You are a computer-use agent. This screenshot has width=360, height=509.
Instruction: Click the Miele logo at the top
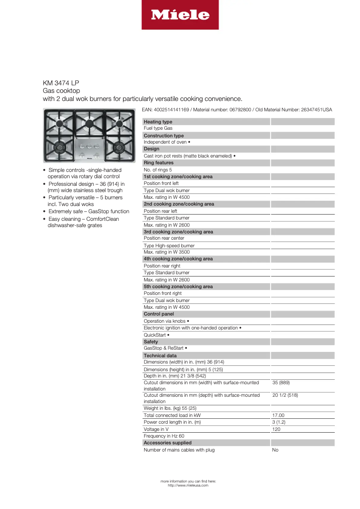(180, 15)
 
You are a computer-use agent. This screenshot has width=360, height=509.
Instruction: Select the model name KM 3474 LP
(61, 83)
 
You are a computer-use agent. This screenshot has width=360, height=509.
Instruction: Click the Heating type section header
(158, 122)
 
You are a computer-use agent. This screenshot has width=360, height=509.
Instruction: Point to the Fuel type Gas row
(158, 128)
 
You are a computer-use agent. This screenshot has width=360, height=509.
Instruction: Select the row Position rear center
(164, 238)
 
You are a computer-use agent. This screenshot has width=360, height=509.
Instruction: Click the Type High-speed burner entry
(169, 246)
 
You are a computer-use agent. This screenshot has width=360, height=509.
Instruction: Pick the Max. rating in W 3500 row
(167, 252)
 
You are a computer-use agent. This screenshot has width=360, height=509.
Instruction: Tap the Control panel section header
(158, 314)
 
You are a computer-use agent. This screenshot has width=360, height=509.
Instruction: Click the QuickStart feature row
(156, 335)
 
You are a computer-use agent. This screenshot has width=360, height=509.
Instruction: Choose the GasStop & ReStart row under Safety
(165, 348)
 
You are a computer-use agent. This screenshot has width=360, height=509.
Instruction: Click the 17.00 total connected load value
(278, 416)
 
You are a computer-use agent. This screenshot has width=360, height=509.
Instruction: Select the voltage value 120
(277, 430)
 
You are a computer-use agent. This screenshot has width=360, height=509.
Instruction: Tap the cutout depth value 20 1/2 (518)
(285, 395)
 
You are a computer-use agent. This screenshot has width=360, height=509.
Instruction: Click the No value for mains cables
(275, 450)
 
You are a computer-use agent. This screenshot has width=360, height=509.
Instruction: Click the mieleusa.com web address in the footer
(188, 485)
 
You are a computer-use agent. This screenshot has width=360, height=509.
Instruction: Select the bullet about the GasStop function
(88, 211)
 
